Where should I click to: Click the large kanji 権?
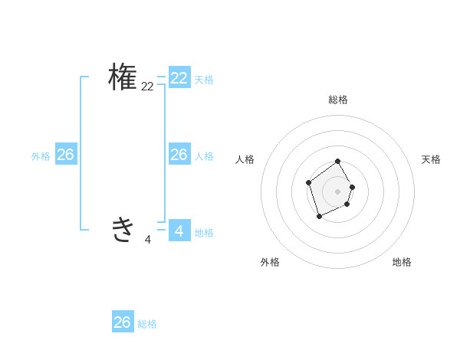[123, 77]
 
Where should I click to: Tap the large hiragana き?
[123, 229]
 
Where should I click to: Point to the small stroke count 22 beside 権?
[147, 87]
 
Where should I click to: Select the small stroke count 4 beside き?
[147, 240]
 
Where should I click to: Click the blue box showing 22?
[179, 78]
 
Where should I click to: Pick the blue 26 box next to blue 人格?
[179, 155]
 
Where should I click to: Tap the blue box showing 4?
[179, 230]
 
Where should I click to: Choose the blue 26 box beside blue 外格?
[65, 155]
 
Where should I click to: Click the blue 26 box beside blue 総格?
[123, 322]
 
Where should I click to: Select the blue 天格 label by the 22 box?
[204, 80]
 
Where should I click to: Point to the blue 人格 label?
[204, 156]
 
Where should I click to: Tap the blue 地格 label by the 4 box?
[204, 233]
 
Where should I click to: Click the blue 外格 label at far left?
[41, 156]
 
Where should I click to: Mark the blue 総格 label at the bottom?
[147, 324]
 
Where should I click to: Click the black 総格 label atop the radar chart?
[338, 100]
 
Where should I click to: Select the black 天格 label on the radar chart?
[431, 159]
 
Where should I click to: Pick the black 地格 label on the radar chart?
[402, 262]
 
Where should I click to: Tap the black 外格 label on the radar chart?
[270, 262]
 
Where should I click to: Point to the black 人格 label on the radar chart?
[245, 159]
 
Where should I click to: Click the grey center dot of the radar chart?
[338, 191]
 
